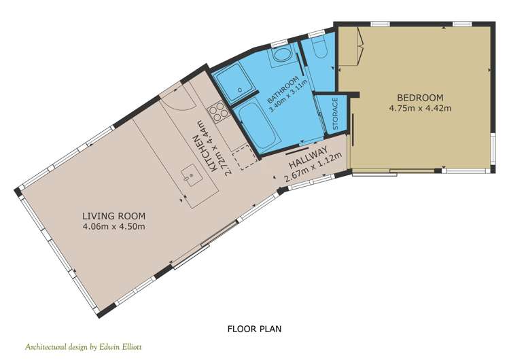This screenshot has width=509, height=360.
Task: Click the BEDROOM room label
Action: (x=420, y=97)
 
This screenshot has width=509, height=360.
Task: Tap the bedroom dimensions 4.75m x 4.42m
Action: (x=420, y=108)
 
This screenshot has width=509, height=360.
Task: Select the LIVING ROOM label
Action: (x=113, y=216)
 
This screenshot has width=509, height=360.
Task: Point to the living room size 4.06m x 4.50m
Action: (x=113, y=226)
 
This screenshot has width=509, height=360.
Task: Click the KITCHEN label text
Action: (x=205, y=153)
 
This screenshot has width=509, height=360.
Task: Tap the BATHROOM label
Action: (x=283, y=89)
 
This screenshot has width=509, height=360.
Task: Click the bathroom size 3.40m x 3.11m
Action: (x=288, y=96)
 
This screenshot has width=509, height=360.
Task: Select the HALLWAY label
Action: (x=307, y=158)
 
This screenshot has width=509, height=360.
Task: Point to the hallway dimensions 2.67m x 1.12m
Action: (x=313, y=167)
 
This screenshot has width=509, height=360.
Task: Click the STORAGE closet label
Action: (x=335, y=114)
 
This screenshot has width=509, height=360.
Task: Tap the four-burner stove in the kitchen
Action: (x=216, y=111)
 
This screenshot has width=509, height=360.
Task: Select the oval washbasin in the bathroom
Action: (x=281, y=54)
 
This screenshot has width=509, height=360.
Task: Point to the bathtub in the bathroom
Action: (x=259, y=126)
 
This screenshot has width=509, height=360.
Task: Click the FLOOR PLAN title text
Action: (x=254, y=329)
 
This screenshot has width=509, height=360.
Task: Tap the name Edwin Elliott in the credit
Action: (x=120, y=346)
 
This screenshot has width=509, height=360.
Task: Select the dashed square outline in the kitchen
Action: (x=246, y=158)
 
